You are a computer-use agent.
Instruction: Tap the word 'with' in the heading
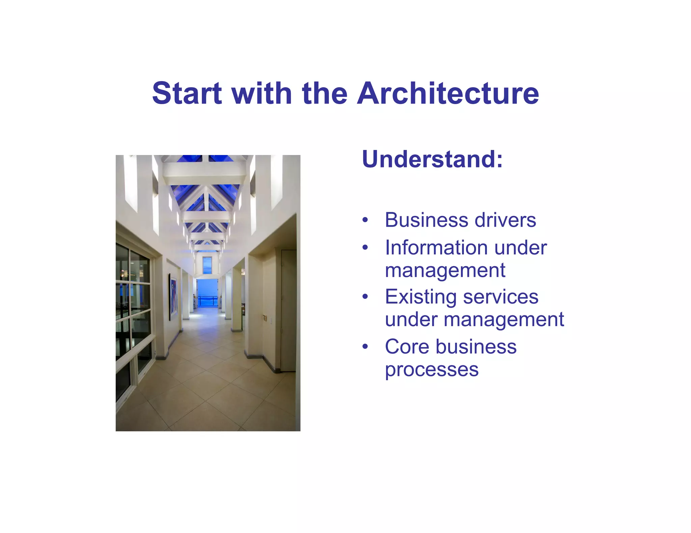[x=261, y=93]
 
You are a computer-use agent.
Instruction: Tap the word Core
[x=407, y=347]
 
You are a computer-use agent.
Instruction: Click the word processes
[x=432, y=370]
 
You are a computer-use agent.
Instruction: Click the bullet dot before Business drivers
[x=365, y=221]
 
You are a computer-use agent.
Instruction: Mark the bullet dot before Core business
[x=365, y=347]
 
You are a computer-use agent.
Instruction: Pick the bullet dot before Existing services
[x=365, y=297]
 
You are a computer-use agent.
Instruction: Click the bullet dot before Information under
[x=365, y=248]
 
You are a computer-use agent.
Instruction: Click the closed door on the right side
[x=288, y=310]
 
